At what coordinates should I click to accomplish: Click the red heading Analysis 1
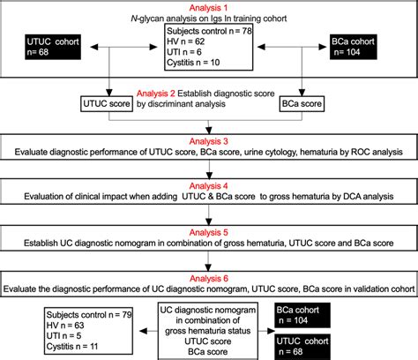pyautogui.click(x=208, y=8)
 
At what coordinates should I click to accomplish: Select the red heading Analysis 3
pyautogui.click(x=208, y=141)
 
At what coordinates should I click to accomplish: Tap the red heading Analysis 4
pyautogui.click(x=208, y=186)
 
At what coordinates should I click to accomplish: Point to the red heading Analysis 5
pyautogui.click(x=208, y=232)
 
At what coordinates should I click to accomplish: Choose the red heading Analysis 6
pyautogui.click(x=209, y=278)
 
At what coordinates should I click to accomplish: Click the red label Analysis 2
pyautogui.click(x=156, y=94)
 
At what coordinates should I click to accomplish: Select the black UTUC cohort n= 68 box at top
pyautogui.click(x=53, y=47)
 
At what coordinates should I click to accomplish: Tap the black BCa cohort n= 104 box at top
pyautogui.click(x=353, y=47)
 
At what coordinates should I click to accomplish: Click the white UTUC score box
pyautogui.click(x=107, y=104)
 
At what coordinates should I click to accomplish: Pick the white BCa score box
pyautogui.click(x=302, y=104)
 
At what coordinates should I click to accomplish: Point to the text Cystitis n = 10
pyautogui.click(x=193, y=63)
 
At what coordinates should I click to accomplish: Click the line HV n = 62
pyautogui.click(x=185, y=41)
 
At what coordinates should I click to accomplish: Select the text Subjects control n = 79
pyautogui.click(x=89, y=315)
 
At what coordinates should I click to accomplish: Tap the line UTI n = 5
pyautogui.click(x=63, y=335)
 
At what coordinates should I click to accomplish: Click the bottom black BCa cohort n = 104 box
pyautogui.click(x=302, y=315)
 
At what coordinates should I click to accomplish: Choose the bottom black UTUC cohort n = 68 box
pyautogui.click(x=302, y=347)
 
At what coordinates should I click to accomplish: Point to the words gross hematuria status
pyautogui.click(x=208, y=331)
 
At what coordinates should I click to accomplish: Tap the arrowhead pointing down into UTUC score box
pyautogui.click(x=109, y=93)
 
